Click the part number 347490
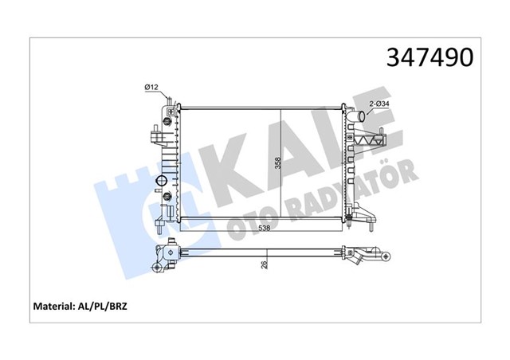pos(430,57)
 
